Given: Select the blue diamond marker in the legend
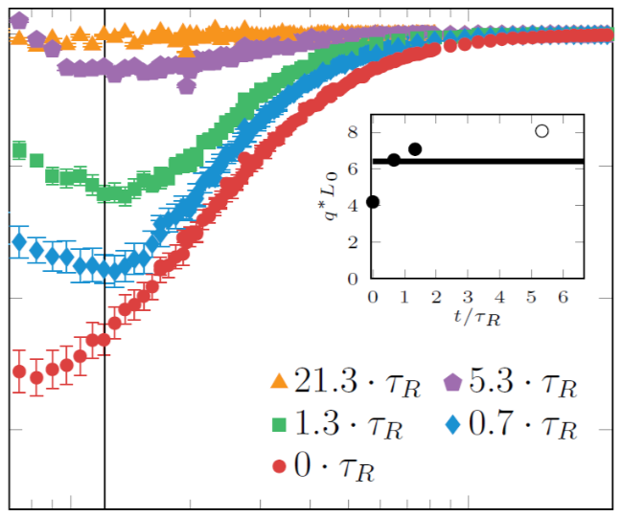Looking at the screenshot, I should [453, 424].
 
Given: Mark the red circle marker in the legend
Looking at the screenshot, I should [279, 466].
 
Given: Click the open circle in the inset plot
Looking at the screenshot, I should [541, 131].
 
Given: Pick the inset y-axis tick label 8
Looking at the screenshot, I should [354, 131].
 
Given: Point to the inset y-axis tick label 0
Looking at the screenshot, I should [354, 280].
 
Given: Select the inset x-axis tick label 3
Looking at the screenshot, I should [469, 297].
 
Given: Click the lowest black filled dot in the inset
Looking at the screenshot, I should [373, 202].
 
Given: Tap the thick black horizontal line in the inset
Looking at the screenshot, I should [479, 161].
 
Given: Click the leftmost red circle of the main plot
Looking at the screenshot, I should [18, 371].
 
